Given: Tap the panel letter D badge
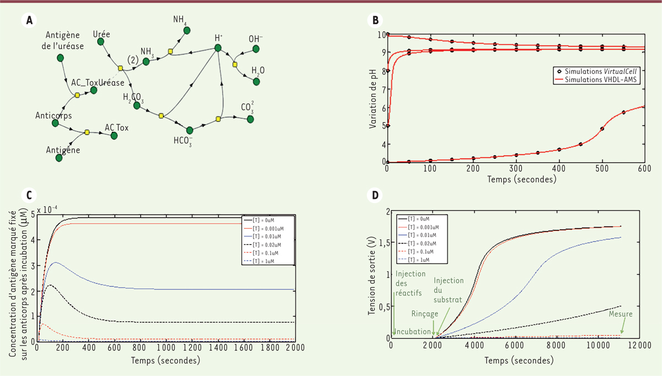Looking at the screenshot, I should point(375,195).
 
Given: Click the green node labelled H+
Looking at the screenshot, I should point(218,49).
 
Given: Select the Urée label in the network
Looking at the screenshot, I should point(102,34).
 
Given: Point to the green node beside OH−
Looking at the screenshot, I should point(256,49).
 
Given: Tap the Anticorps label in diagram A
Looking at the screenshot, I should point(54,116).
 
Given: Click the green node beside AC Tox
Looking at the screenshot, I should point(114,135).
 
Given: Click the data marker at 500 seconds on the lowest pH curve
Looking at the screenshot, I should point(602,129).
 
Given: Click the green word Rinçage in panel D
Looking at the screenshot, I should point(425,313).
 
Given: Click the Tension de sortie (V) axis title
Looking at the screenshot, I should point(372,275).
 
